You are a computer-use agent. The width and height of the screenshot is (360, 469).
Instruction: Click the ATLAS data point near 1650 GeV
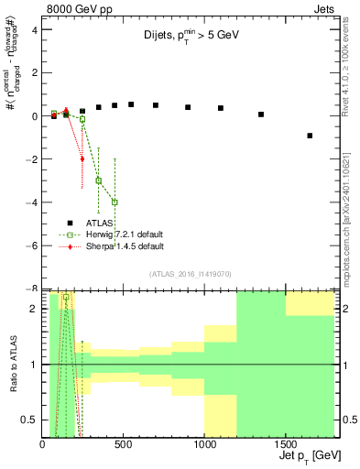tap(310, 136)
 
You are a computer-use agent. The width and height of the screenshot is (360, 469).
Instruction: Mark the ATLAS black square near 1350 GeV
tap(261, 115)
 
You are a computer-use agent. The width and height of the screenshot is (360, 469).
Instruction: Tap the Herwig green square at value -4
tap(115, 202)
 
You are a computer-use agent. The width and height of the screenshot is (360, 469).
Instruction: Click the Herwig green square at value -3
tap(99, 180)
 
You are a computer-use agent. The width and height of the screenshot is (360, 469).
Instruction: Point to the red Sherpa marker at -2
tap(82, 158)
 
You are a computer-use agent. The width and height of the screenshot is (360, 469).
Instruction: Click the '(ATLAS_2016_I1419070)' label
tap(190, 273)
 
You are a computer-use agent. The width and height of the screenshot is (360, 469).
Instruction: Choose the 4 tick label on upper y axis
tap(34, 29)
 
